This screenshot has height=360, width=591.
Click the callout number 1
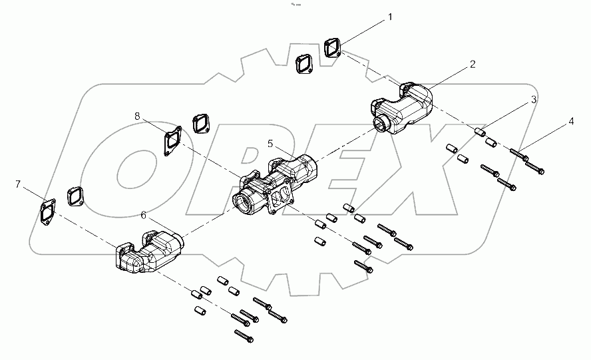(390, 17)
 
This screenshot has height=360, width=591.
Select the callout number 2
(472, 65)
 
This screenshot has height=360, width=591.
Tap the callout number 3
(534, 100)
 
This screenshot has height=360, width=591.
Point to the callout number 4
(570, 122)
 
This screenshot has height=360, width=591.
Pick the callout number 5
(270, 143)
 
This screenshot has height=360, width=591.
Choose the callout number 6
(143, 214)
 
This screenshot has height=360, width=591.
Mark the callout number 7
(17, 183)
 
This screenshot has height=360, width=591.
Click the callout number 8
(137, 116)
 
